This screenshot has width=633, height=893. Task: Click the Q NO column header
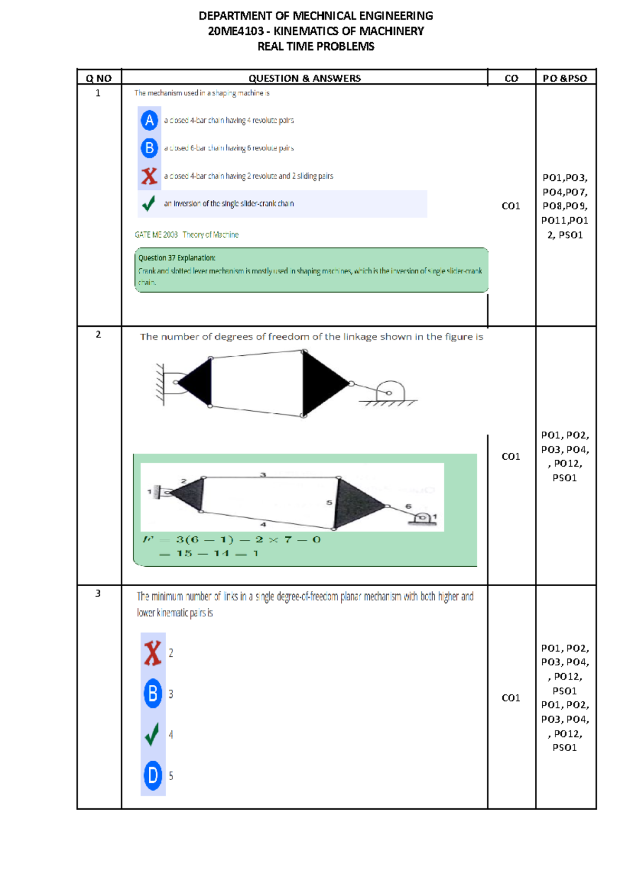coord(99,78)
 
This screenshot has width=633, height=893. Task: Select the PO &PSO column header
coord(565,78)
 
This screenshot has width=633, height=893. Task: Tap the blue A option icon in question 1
coord(150,120)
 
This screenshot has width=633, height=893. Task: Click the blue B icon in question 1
coord(150,148)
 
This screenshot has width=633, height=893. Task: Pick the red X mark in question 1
coord(149,176)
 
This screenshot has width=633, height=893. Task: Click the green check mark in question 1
coord(149,203)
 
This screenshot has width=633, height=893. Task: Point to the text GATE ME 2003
coord(156,235)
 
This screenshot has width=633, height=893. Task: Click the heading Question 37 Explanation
coord(177,258)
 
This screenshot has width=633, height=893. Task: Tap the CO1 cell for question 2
coord(511,457)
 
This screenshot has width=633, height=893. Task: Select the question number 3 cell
coord(98,594)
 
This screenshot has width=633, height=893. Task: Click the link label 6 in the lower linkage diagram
coord(408,506)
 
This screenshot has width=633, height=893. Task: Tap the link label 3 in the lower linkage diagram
coord(263,474)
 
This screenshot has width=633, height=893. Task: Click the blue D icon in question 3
coord(152,775)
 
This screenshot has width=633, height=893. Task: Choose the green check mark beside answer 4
coord(152,734)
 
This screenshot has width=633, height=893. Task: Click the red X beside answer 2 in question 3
coord(152,653)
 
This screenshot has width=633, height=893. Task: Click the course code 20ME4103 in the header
coord(236,31)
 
